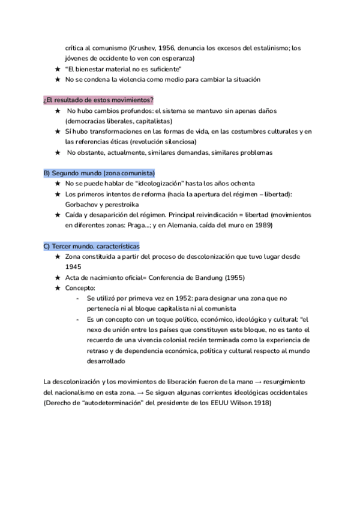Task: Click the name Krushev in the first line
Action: tap(136, 48)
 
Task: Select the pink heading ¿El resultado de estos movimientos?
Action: tap(99, 100)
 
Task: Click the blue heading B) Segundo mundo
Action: tap(99, 173)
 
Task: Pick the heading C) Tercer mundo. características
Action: tap(92, 246)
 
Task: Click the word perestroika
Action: tap(124, 203)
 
